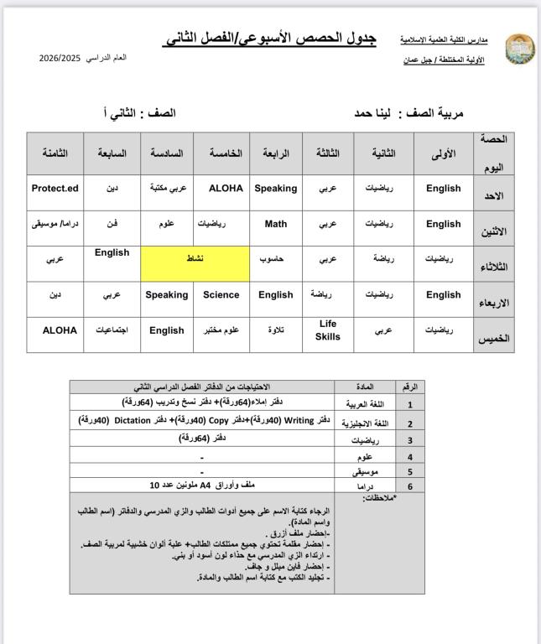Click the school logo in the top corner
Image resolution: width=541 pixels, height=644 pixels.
[x=519, y=49]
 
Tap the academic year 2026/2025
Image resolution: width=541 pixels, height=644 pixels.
[x=60, y=58]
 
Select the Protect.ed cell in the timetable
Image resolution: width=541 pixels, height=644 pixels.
[x=55, y=189]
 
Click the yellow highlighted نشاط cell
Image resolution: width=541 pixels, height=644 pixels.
[x=195, y=260]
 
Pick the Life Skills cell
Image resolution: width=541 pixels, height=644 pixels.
[x=327, y=330]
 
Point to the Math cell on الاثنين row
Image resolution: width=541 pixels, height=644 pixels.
[x=276, y=224]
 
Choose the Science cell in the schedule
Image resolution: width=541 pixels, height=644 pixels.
[x=221, y=295]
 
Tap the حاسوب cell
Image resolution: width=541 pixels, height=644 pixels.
[x=276, y=260]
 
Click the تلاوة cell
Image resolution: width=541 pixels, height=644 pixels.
[x=276, y=330]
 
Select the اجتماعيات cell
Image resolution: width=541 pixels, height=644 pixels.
[x=112, y=330]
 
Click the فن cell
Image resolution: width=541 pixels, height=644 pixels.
[x=112, y=224]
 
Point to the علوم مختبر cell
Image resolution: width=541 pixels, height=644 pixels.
[x=221, y=330]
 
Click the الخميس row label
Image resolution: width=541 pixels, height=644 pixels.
[x=495, y=339]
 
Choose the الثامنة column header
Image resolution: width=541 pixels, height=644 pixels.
[x=55, y=153]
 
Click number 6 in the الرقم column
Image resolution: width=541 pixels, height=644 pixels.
[x=409, y=486]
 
